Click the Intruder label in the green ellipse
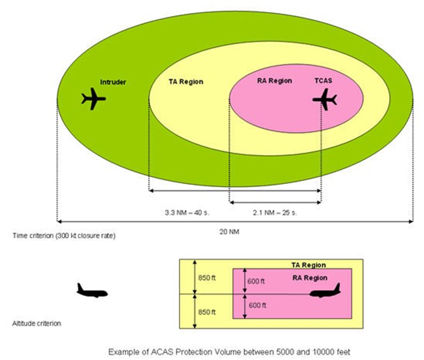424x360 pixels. [113, 82]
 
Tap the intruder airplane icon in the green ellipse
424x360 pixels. [93, 99]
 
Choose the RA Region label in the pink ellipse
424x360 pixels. [275, 80]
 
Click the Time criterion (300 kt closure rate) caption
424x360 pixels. [64, 236]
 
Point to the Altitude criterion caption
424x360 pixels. [37, 323]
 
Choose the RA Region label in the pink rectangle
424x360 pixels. [309, 278]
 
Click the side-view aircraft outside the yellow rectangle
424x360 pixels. [92, 291]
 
